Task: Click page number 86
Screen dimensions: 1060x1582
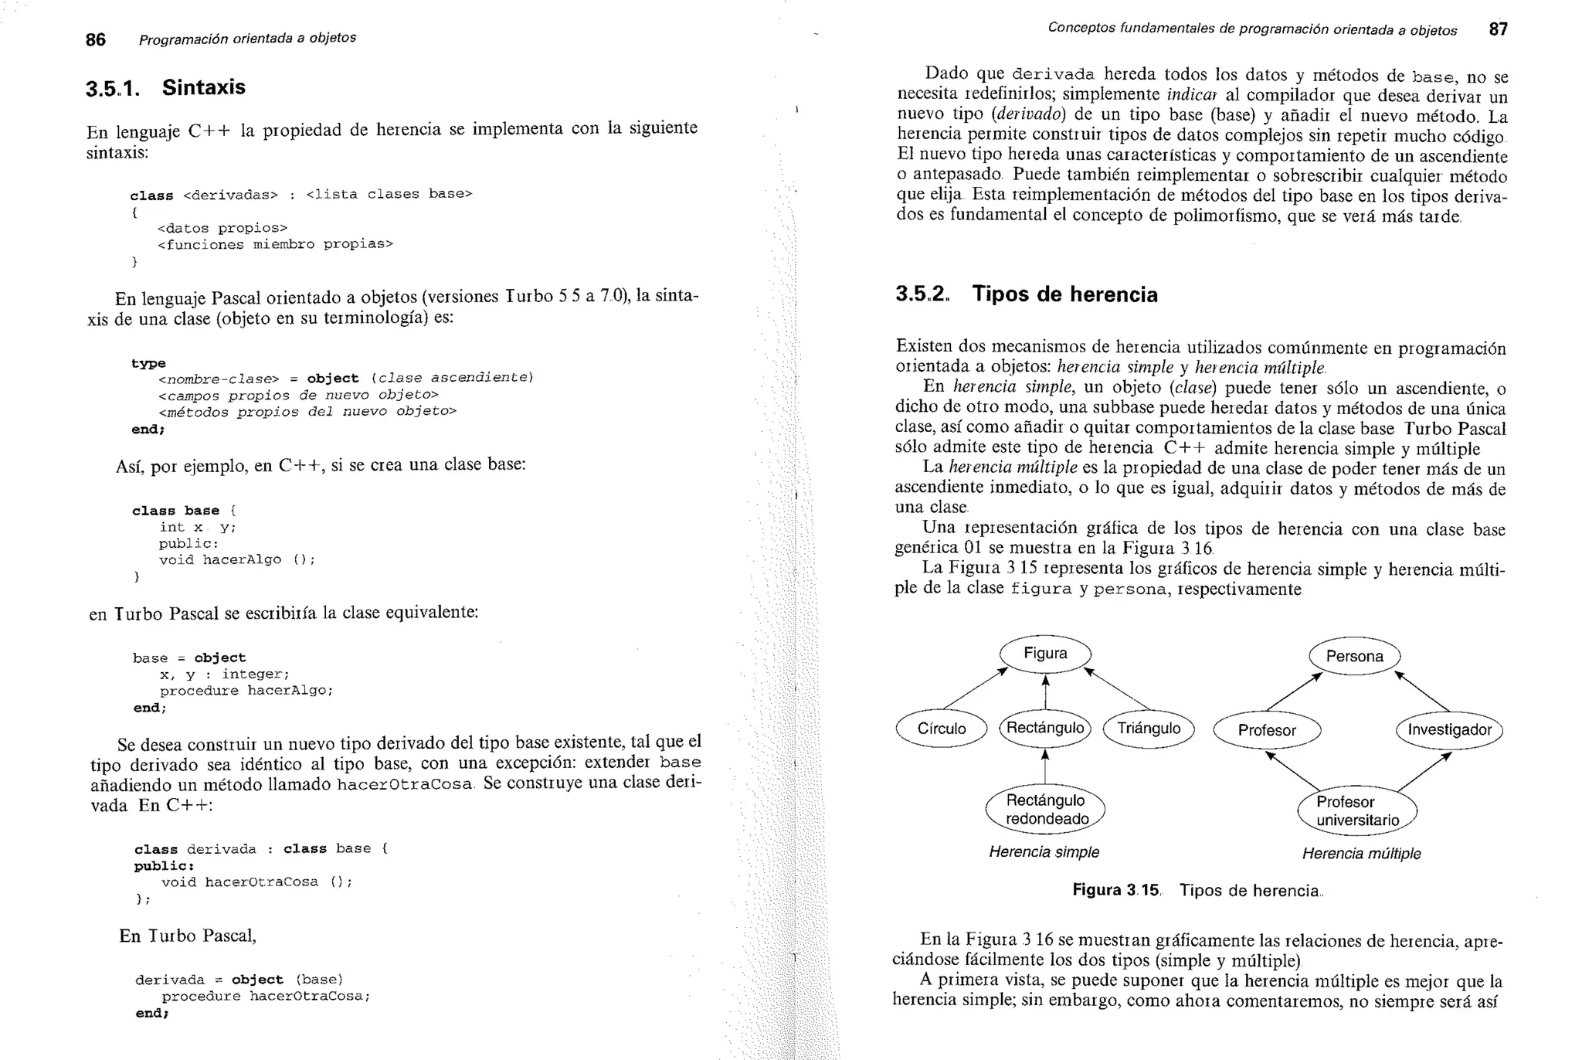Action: click(95, 40)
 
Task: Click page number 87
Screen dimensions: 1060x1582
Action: click(1498, 29)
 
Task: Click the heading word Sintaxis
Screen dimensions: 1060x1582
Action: click(203, 87)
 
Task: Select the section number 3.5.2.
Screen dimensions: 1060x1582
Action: click(922, 294)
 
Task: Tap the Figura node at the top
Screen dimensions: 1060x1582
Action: click(1045, 654)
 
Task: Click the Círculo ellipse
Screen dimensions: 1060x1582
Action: click(942, 729)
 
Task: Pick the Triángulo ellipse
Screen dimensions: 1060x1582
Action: click(1149, 729)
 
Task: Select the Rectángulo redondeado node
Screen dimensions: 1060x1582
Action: click(1045, 810)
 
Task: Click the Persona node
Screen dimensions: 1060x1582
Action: click(1354, 656)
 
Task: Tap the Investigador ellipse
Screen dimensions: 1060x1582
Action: click(1449, 730)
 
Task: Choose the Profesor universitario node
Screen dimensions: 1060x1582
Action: click(1357, 811)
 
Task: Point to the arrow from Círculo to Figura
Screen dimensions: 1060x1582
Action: click(975, 688)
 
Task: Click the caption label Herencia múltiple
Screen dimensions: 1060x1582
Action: click(1361, 854)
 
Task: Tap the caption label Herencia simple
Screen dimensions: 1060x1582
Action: click(1044, 852)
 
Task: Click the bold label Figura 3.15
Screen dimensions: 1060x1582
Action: click(1115, 890)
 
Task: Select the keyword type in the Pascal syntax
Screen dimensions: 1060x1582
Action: click(148, 363)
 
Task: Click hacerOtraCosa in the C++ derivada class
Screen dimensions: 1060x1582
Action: click(261, 882)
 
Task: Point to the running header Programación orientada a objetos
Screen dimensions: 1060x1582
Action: click(247, 39)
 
